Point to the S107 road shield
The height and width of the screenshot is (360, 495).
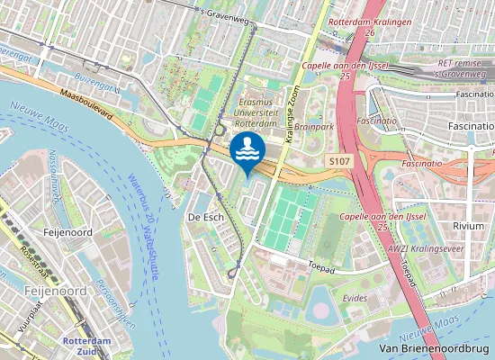(337, 159)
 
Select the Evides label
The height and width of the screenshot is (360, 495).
(355, 297)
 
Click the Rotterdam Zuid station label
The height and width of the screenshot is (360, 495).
(86, 346)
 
